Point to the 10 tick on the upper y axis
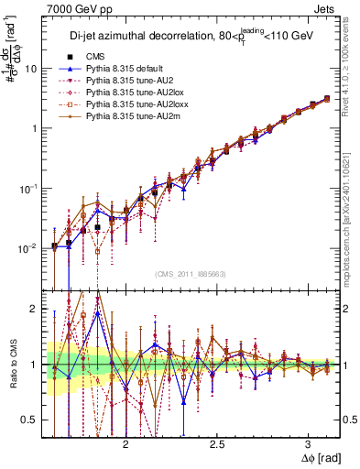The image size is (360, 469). pyautogui.click(x=30, y=69)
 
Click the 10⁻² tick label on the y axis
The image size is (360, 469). pyautogui.click(x=27, y=248)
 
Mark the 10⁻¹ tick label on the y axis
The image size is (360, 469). pyautogui.click(x=27, y=188)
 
